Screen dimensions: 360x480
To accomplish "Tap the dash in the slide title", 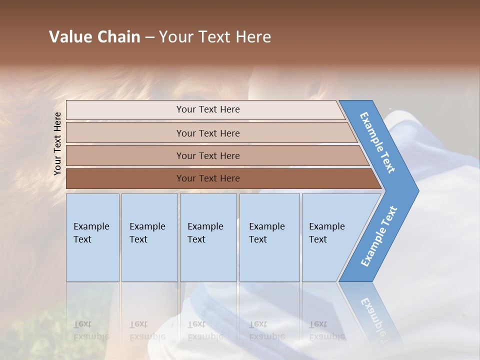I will click(149, 37).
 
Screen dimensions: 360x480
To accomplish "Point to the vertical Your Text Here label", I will click(57, 143).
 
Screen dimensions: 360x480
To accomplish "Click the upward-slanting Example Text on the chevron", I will click(379, 236).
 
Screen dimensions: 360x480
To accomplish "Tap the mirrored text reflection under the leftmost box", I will click(91, 330).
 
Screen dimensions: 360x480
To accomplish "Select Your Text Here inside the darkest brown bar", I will click(208, 178).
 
